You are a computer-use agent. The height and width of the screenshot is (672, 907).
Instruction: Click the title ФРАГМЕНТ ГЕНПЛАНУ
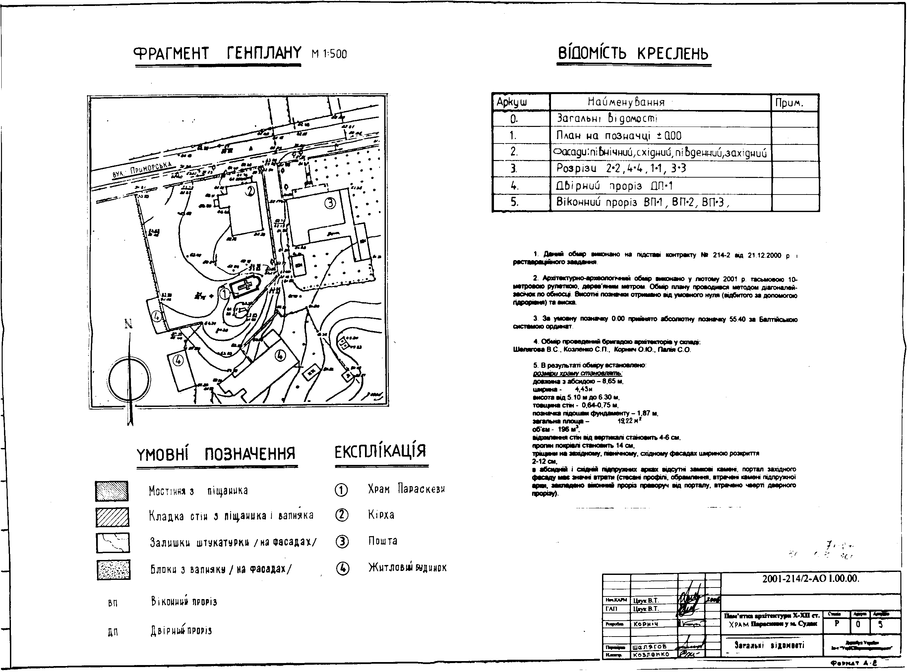click(x=218, y=53)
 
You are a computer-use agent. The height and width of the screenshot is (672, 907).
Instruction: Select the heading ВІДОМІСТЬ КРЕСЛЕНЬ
click(x=633, y=54)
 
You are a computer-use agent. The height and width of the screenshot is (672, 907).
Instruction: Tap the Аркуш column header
click(x=512, y=102)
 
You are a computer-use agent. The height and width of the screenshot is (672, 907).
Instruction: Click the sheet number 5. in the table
click(x=515, y=202)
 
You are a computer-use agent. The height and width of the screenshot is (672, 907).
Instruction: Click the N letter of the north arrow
click(x=129, y=324)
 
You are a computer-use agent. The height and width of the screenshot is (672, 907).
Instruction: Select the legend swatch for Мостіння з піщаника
click(x=112, y=491)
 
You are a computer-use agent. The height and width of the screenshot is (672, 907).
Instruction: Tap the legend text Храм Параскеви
click(x=406, y=489)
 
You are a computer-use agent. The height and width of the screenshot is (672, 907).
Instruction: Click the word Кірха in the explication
click(x=381, y=515)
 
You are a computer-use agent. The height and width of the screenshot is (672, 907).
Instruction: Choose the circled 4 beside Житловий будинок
click(x=342, y=568)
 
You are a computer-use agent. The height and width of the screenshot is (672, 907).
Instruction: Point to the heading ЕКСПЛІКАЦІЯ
click(x=380, y=452)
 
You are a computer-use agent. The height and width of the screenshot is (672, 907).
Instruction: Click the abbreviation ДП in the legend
click(x=113, y=632)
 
